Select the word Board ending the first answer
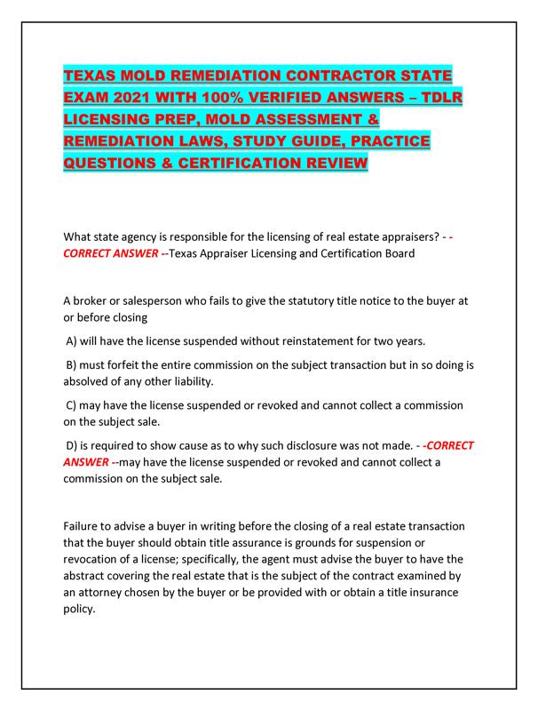(389, 254)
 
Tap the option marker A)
(75, 340)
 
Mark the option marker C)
(75, 405)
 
